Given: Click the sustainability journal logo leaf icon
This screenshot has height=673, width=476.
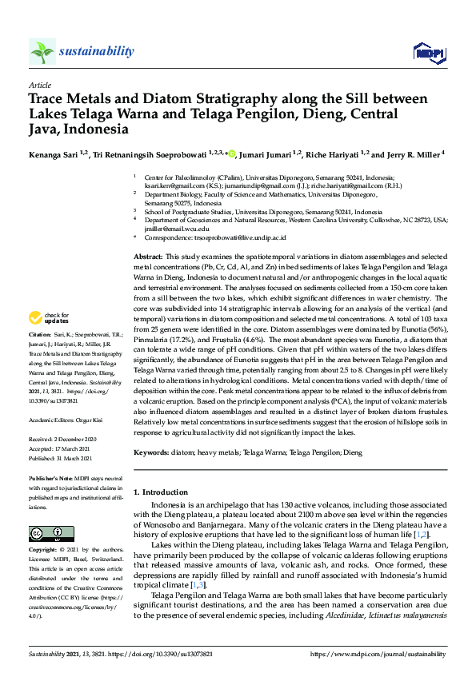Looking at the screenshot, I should (x=42, y=51).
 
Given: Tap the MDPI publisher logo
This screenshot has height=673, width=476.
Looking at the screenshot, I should (x=429, y=53).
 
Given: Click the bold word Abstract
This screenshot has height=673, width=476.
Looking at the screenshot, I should (x=150, y=253).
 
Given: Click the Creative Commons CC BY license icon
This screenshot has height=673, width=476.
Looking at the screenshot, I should (x=51, y=533).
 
